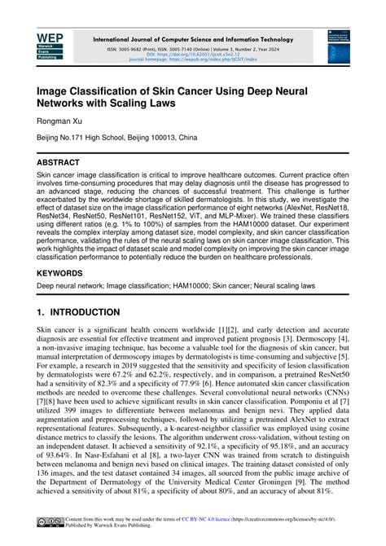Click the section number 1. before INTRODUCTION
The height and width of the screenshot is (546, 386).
click(42, 312)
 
